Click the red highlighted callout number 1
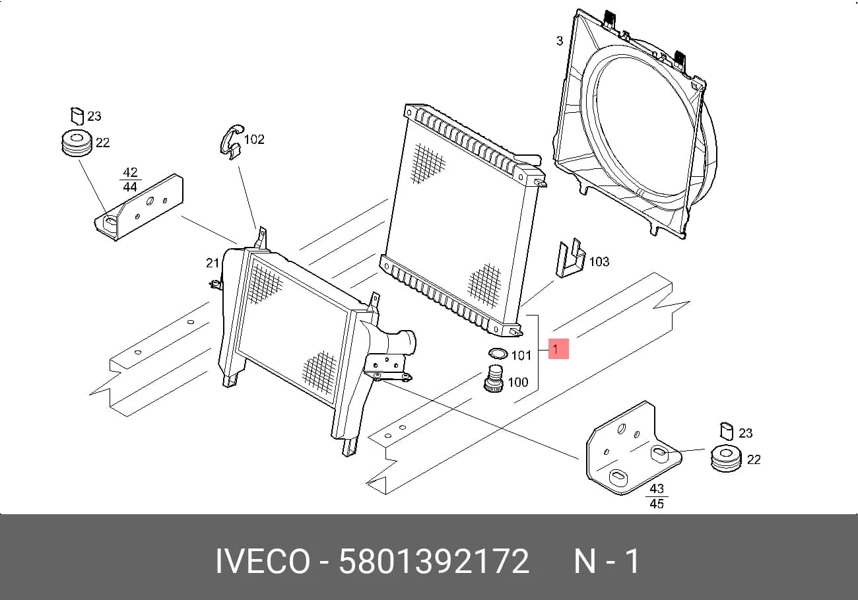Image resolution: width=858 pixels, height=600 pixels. (x=558, y=349)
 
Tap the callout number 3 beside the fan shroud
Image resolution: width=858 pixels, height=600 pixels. (x=560, y=41)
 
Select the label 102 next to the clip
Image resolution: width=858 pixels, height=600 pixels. (x=254, y=139)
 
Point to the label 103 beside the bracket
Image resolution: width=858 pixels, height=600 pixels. (x=599, y=261)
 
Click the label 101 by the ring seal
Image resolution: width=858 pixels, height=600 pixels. (x=521, y=356)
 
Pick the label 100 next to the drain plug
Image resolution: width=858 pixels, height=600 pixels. (x=518, y=382)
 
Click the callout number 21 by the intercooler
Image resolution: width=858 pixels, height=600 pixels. (x=213, y=263)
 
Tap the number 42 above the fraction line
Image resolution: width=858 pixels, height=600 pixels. (x=130, y=172)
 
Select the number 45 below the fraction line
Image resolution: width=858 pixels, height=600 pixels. (x=657, y=503)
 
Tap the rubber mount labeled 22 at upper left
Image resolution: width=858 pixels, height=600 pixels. (x=77, y=144)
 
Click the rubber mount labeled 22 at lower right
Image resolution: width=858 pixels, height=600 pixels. (x=725, y=458)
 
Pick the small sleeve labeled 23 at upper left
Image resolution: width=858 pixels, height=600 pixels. (x=77, y=116)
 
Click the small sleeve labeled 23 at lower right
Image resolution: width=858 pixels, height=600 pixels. (x=727, y=432)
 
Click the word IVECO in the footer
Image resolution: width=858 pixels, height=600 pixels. (x=263, y=561)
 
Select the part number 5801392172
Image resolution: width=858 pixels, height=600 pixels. (x=434, y=561)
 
